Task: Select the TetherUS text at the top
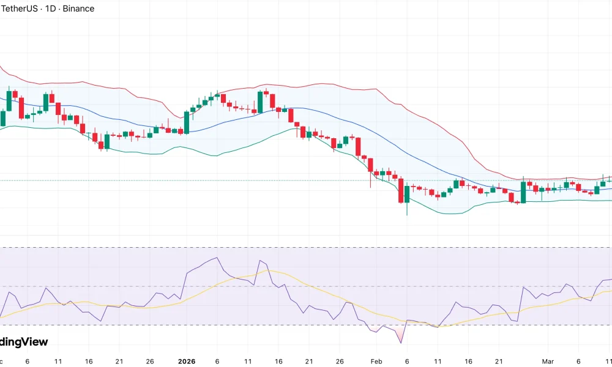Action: pyautogui.click(x=19, y=9)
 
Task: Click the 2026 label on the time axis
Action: pyautogui.click(x=186, y=361)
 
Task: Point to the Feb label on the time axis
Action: pyautogui.click(x=376, y=361)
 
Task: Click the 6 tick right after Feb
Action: pyautogui.click(x=407, y=361)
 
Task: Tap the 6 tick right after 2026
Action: pyautogui.click(x=217, y=361)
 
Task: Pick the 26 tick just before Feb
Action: pyautogui.click(x=340, y=361)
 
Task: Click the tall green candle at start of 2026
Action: pyautogui.click(x=187, y=122)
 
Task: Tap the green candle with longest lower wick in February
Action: pyautogui.click(x=407, y=195)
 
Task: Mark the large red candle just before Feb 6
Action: pyautogui.click(x=401, y=190)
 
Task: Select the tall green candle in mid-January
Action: pyautogui.click(x=260, y=102)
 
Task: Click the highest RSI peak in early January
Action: pyautogui.click(x=217, y=258)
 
